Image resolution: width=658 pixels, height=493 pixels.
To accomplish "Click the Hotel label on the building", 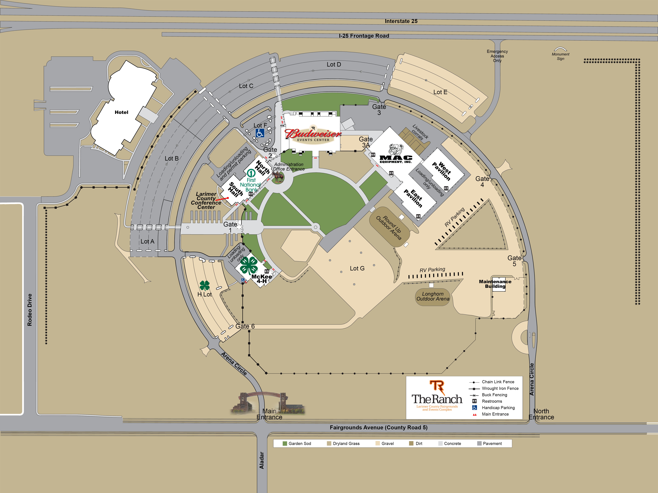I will (121, 112).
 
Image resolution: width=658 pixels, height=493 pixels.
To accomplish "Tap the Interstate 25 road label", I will (401, 21).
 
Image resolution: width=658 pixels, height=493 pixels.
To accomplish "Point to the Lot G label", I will (357, 269).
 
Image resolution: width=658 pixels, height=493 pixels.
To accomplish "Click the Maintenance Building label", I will (495, 284).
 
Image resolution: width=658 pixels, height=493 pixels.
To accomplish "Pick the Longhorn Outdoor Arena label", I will (433, 296).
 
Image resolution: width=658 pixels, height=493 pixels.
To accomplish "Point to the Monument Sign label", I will (560, 56).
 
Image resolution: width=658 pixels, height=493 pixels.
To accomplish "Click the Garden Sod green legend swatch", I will (285, 443).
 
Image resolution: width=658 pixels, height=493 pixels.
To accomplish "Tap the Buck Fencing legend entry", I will (494, 395).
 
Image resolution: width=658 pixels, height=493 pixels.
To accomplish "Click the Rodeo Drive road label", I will (29, 310).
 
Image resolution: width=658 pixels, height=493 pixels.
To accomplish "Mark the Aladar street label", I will (262, 460).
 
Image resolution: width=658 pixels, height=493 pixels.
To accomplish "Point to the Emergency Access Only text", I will (497, 56).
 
